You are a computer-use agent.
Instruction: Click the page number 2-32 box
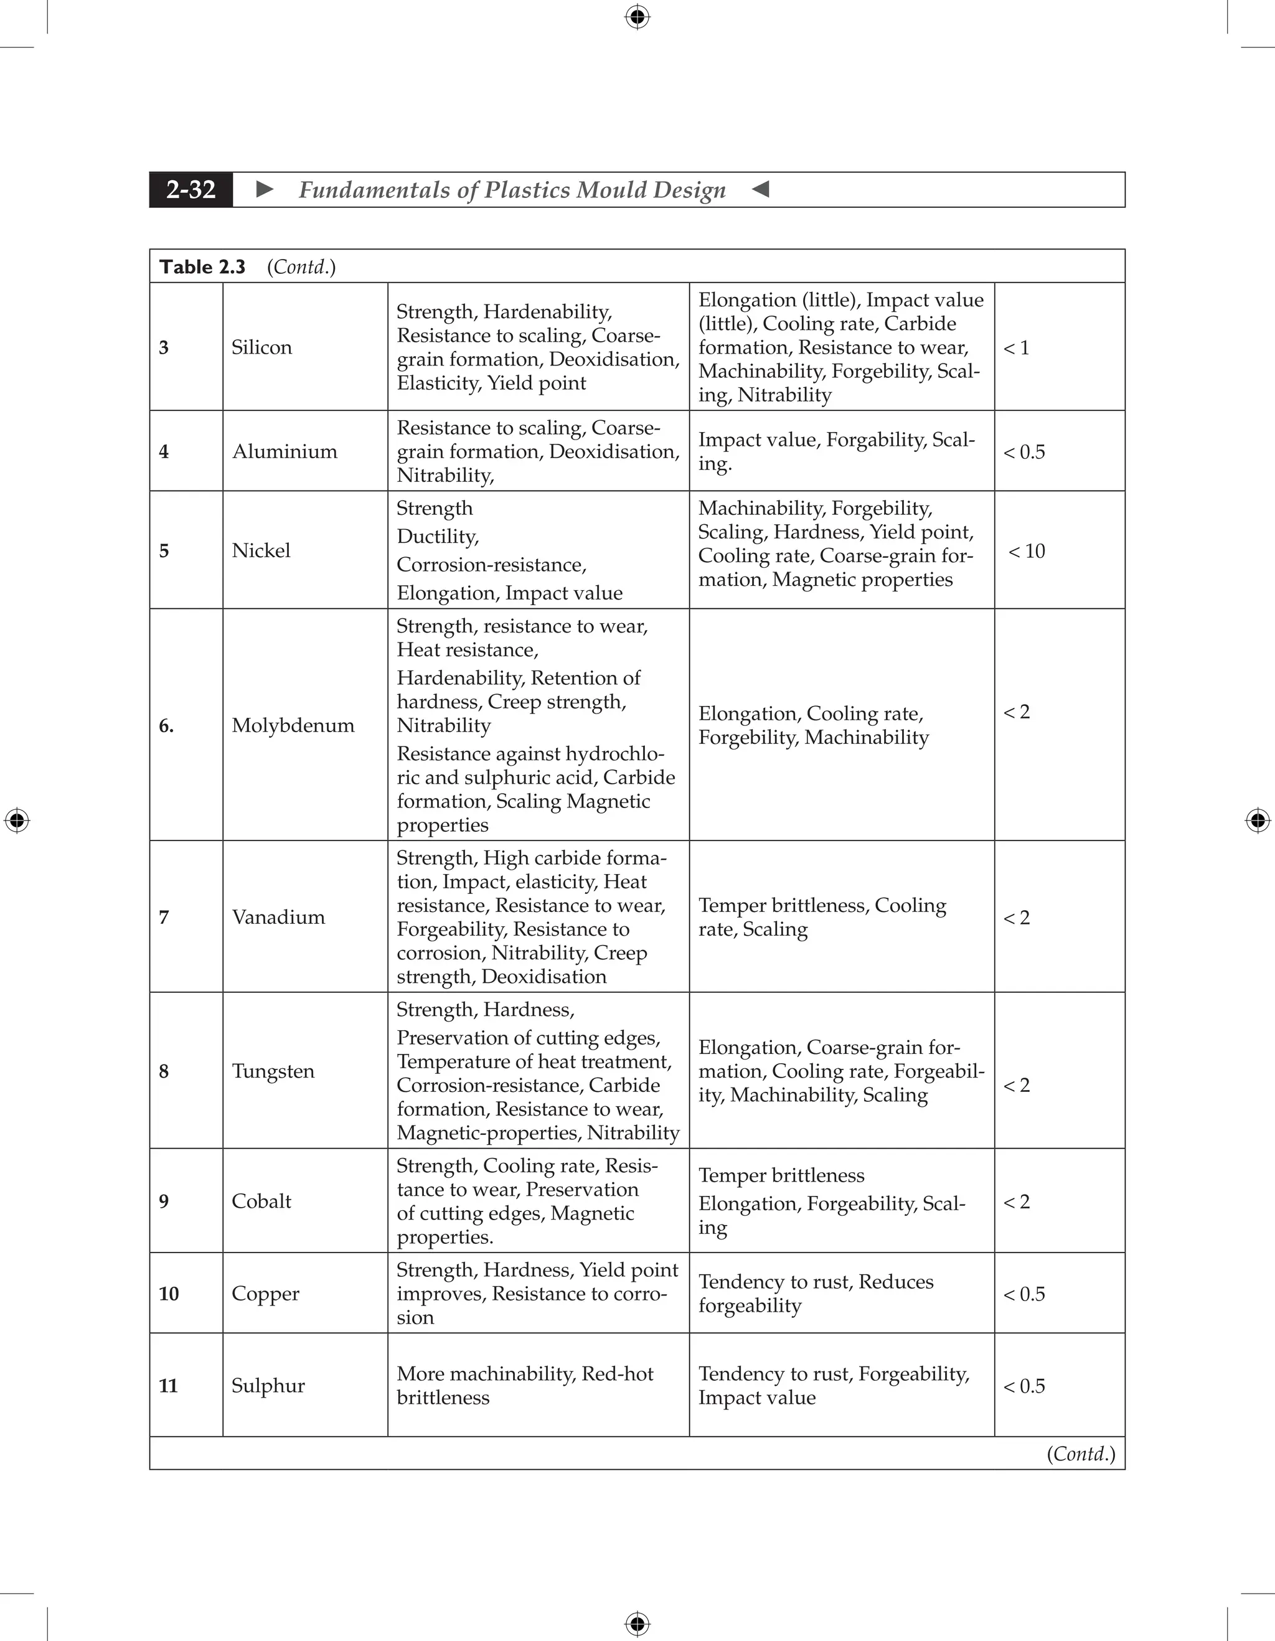[191, 189]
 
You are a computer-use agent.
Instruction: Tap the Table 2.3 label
[202, 266]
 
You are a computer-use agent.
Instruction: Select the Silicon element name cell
[261, 347]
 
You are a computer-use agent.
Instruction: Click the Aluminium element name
[285, 451]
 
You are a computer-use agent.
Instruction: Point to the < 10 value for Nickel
[1027, 551]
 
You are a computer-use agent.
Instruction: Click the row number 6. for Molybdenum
[166, 725]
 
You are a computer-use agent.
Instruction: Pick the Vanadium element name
[278, 916]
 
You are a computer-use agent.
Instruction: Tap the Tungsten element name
[273, 1071]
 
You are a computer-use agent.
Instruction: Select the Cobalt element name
[261, 1201]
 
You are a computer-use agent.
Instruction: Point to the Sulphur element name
[268, 1386]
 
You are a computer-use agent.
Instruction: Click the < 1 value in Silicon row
[1016, 348]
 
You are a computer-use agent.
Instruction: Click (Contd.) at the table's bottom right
[1080, 1453]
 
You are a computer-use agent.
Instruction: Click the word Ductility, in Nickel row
[437, 537]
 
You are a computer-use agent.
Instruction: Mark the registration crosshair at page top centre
[637, 17]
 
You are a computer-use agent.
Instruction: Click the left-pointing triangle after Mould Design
[760, 189]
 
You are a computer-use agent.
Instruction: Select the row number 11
[168, 1386]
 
